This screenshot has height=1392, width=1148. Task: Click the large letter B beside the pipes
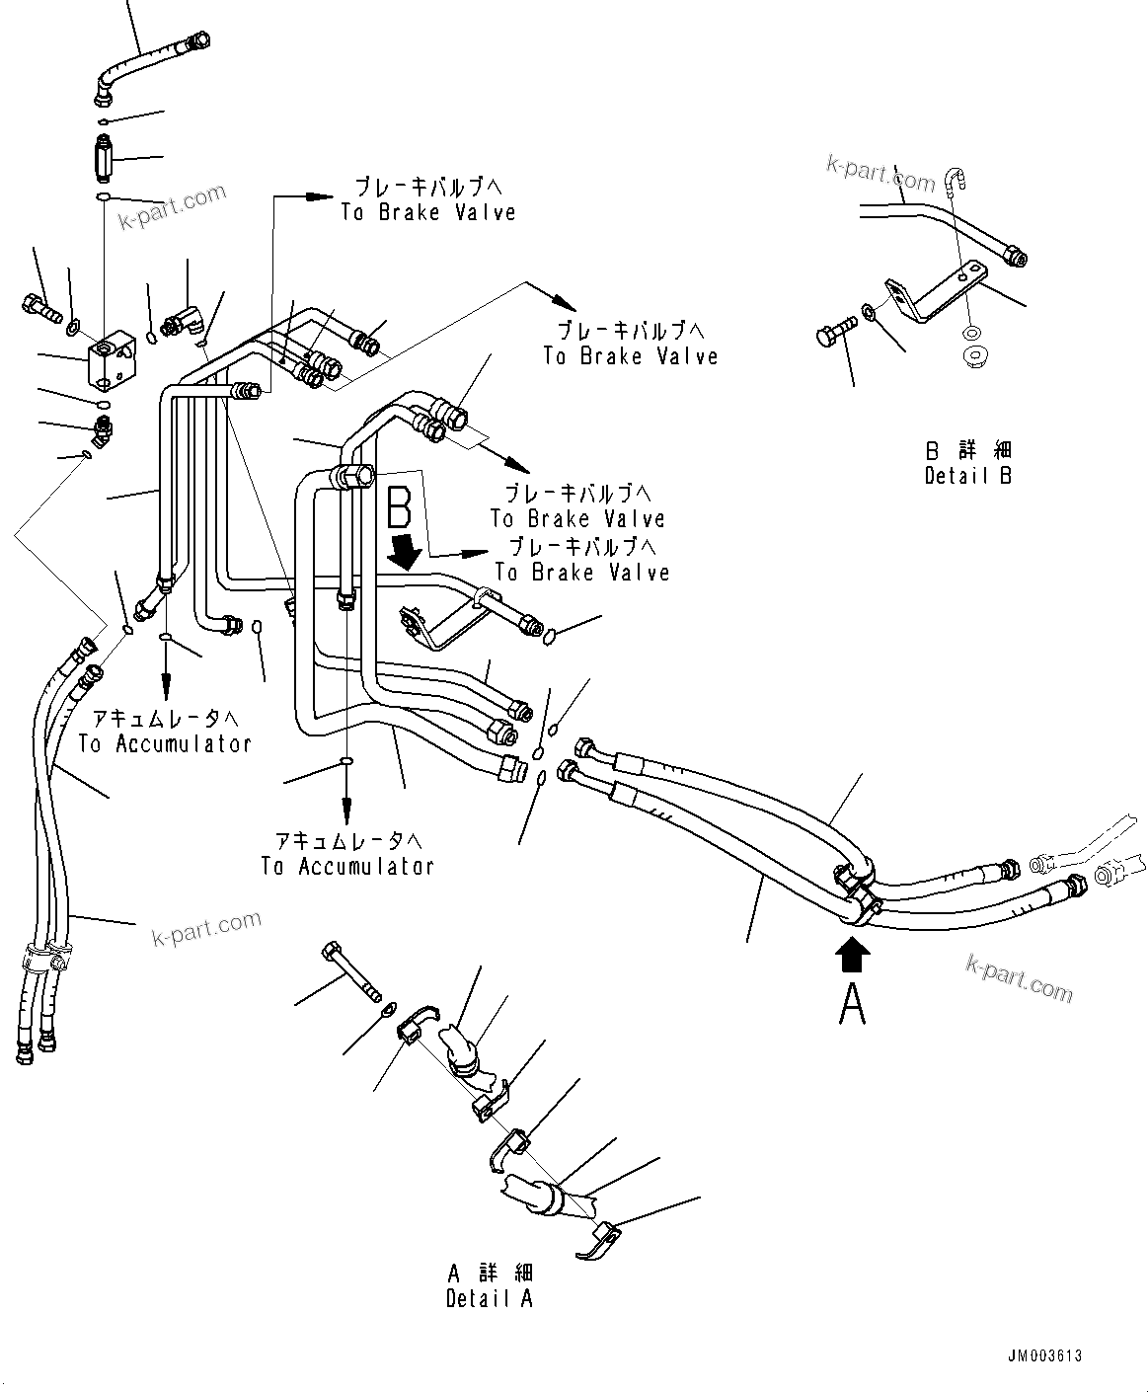(400, 507)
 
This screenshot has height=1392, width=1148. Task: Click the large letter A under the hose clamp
(853, 1004)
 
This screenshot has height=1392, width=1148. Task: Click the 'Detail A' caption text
(489, 1298)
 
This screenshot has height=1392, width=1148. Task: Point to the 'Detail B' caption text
(968, 475)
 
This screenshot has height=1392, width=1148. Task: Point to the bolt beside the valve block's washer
(39, 306)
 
